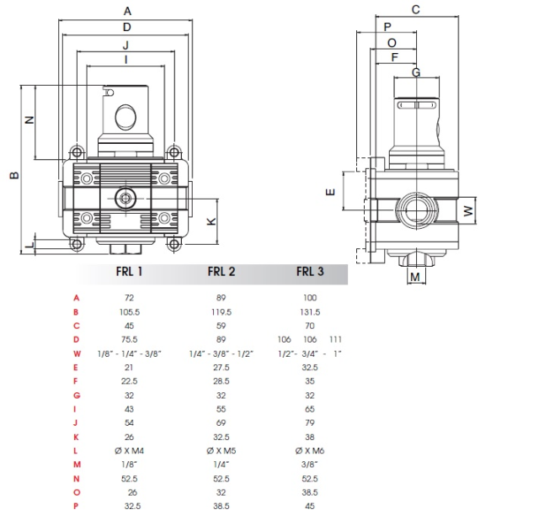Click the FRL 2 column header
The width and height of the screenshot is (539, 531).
[221, 272]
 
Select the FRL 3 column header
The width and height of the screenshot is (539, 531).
[310, 272]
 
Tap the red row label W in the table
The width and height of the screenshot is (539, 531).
[77, 353]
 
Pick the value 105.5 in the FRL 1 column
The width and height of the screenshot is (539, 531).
[129, 312]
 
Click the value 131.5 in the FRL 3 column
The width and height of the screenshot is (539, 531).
[310, 312]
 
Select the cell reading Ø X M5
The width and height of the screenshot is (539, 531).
[221, 450]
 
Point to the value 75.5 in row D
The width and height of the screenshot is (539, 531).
[129, 339]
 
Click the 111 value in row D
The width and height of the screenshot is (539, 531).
[335, 339]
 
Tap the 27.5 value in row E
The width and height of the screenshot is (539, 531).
[221, 368]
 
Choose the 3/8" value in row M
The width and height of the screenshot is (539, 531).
[310, 465]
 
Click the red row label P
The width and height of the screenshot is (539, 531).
[76, 506]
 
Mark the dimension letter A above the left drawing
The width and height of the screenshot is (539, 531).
[127, 11]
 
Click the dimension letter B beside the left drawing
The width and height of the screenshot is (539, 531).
[14, 175]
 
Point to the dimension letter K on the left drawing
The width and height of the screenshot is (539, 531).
[211, 221]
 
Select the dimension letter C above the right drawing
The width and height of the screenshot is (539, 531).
[415, 9]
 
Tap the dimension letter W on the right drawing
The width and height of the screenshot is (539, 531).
[468, 210]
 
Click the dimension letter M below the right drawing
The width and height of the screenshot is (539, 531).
[415, 277]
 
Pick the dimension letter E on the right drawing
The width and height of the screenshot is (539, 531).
[330, 192]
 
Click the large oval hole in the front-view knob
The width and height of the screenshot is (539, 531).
[125, 118]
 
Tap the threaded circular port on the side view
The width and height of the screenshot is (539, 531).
[417, 210]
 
